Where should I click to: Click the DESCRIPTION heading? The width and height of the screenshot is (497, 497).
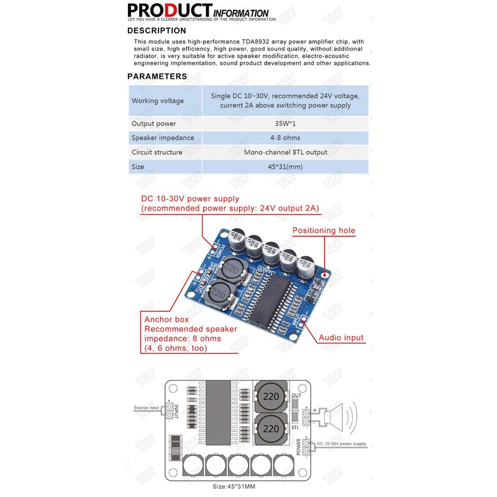point(157,30)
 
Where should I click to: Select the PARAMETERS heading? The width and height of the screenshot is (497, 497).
point(157,76)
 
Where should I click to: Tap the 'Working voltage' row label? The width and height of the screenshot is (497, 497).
point(158,101)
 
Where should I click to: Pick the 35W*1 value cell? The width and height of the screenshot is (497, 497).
point(285,124)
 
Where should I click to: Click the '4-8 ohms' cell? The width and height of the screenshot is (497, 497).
point(285,137)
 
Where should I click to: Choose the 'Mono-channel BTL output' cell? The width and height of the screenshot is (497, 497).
point(285,152)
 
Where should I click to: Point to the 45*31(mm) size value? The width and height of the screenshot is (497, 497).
point(285,166)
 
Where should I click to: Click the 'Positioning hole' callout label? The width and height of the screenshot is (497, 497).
point(324,230)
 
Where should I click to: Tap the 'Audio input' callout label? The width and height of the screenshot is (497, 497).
point(341,338)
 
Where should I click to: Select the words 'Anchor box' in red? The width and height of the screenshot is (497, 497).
point(165,319)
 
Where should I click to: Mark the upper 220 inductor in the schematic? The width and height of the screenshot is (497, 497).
point(271,396)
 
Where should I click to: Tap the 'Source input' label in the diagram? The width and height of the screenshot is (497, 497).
point(147,408)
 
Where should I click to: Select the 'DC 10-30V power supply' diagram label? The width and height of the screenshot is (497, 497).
point(341,444)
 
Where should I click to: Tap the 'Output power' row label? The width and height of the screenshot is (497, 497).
point(153,124)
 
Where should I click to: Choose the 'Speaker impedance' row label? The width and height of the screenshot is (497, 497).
point(163,137)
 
